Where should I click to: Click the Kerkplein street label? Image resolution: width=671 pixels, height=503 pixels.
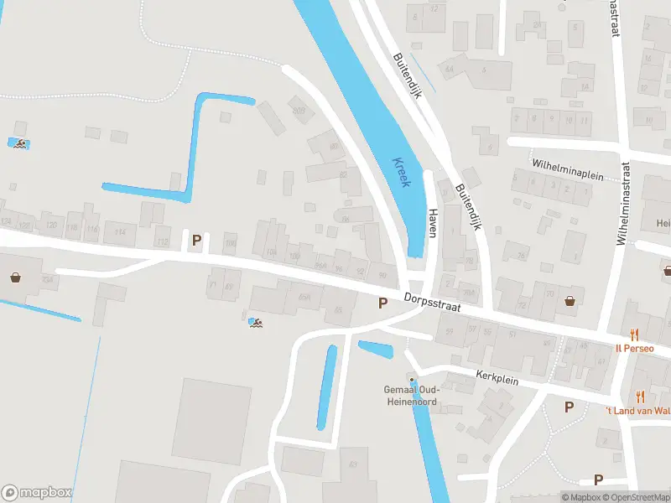(x=497, y=378)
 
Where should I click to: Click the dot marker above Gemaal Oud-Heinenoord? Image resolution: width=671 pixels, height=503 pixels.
(x=412, y=380)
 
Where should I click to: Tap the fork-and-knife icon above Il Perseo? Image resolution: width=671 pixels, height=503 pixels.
(x=635, y=333)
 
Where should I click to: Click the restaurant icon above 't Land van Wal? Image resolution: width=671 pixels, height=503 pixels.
(x=640, y=397)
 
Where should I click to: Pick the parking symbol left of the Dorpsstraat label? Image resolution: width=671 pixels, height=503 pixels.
(x=382, y=303)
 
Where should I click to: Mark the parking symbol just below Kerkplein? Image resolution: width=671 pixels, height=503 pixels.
(x=569, y=407)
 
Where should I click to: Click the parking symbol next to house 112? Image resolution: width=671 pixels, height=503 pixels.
(x=197, y=241)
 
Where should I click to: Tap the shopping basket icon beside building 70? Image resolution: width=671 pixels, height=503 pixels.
(x=571, y=300)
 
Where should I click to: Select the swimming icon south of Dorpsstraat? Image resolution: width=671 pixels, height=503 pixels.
(x=256, y=322)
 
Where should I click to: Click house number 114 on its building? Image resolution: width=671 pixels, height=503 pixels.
(x=120, y=232)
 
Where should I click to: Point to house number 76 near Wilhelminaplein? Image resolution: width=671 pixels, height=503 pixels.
(x=521, y=257)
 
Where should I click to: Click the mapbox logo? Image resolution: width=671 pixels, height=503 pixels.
(x=37, y=493)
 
